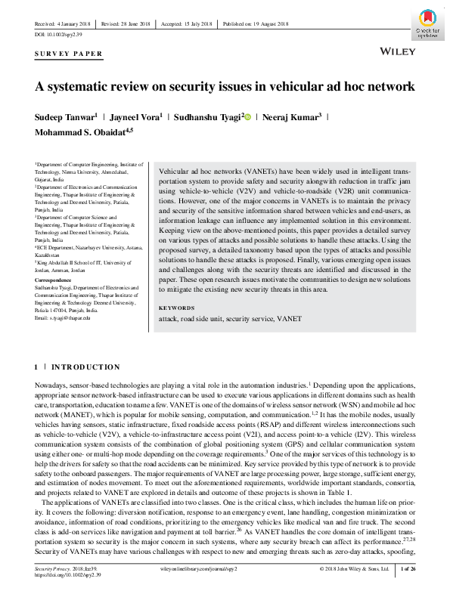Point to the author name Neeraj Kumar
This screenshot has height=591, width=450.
(x=294, y=117)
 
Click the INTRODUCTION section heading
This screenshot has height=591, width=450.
(x=85, y=367)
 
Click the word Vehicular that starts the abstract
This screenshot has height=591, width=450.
(x=176, y=173)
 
